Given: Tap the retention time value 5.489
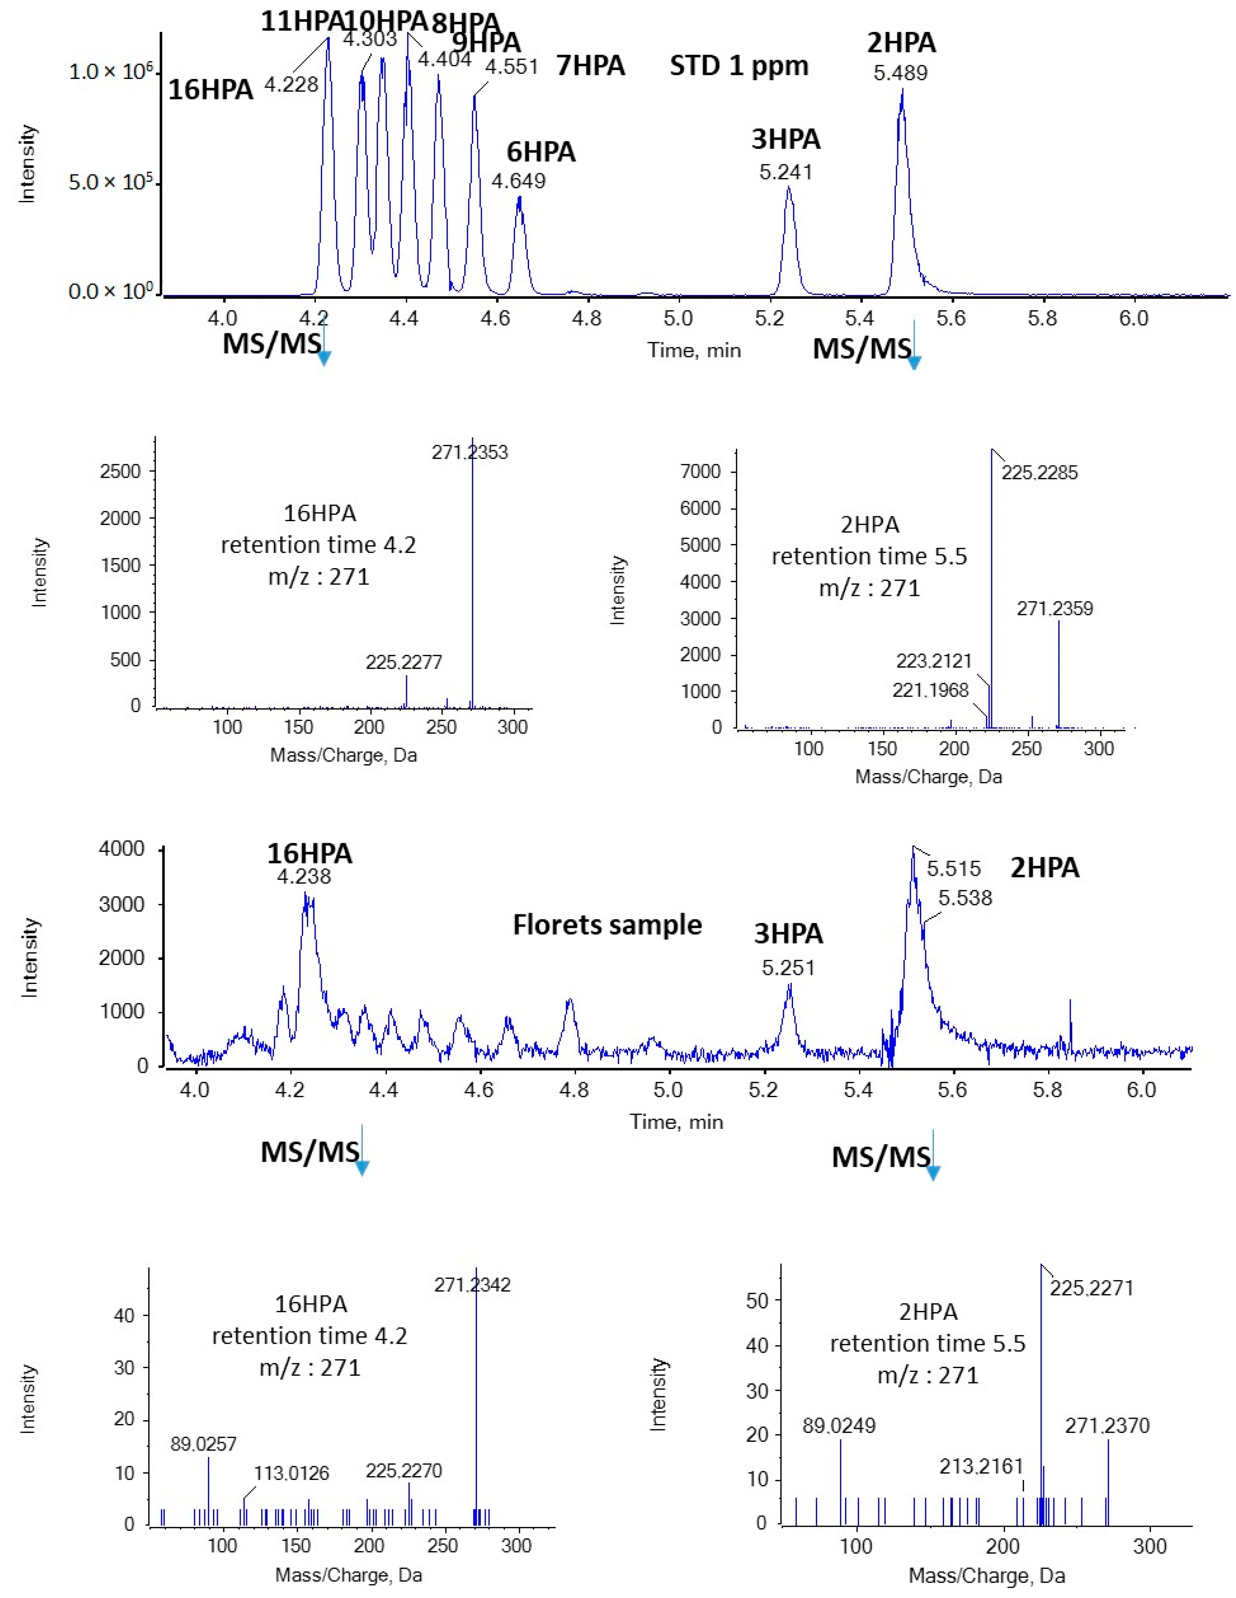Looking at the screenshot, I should tap(900, 73).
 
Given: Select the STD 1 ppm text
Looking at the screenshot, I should tap(739, 67).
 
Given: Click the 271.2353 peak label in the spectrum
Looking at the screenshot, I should tap(470, 452).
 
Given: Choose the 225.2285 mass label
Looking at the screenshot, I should tap(1039, 473).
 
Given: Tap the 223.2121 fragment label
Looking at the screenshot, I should tap(934, 661).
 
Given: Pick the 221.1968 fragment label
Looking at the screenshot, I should tap(930, 690).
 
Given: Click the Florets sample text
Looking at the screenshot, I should tap(607, 925).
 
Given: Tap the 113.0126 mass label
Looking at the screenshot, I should tap(291, 1473).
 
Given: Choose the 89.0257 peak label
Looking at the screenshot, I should tap(203, 1443).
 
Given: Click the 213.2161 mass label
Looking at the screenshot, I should tap(981, 1466).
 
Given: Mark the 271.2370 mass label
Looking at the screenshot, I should tap(1107, 1425).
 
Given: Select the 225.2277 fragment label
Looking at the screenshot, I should tap(404, 662).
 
